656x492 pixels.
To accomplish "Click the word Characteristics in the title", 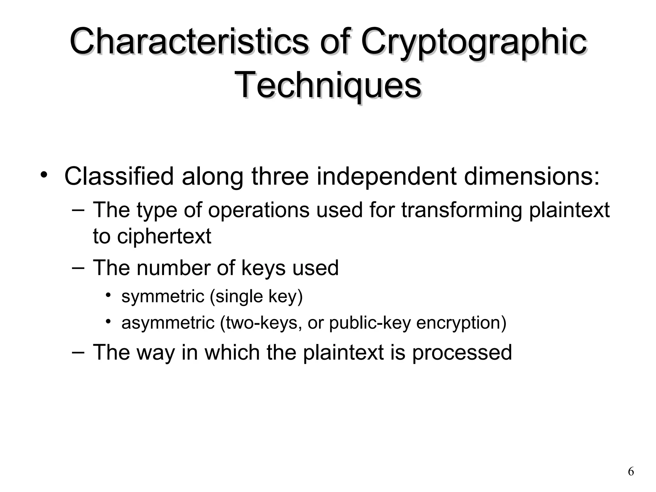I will (189, 42).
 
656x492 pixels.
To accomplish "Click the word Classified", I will (119, 176).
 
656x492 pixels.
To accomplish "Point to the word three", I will (280, 176).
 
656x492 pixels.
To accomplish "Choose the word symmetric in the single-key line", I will (163, 296).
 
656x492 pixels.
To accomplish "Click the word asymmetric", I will (168, 323).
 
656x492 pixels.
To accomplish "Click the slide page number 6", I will (631, 472).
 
